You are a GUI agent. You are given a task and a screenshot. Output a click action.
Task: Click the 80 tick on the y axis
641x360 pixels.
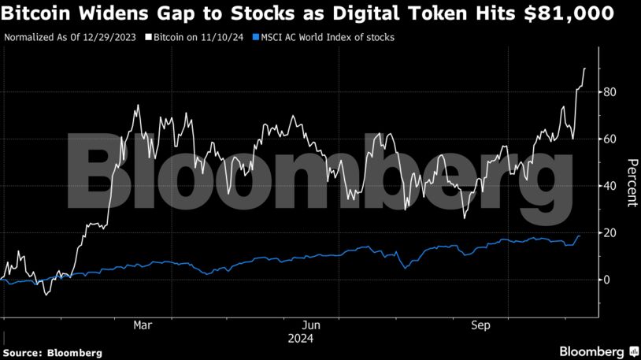610,92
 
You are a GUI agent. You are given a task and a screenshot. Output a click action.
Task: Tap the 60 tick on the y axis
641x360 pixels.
610,139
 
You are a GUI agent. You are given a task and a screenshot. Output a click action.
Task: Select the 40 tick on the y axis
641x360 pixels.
610,186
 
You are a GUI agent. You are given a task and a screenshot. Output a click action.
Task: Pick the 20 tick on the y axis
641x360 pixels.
610,233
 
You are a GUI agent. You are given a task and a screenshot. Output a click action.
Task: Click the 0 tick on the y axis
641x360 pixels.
606,280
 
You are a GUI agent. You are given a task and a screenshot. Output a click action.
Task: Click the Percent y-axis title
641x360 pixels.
631,183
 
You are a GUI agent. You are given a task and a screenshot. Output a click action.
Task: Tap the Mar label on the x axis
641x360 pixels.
143,325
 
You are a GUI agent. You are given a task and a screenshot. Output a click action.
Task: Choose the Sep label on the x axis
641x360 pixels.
481,325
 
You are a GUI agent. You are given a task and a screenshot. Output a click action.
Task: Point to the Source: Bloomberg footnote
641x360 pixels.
53,353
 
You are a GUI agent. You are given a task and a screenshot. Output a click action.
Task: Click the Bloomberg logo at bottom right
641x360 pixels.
598,351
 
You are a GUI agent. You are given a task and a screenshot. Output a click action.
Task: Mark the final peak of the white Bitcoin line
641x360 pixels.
584,69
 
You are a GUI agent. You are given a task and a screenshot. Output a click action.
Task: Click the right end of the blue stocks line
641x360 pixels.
580,236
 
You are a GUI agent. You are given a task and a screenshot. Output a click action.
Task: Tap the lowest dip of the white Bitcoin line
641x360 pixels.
46,295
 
